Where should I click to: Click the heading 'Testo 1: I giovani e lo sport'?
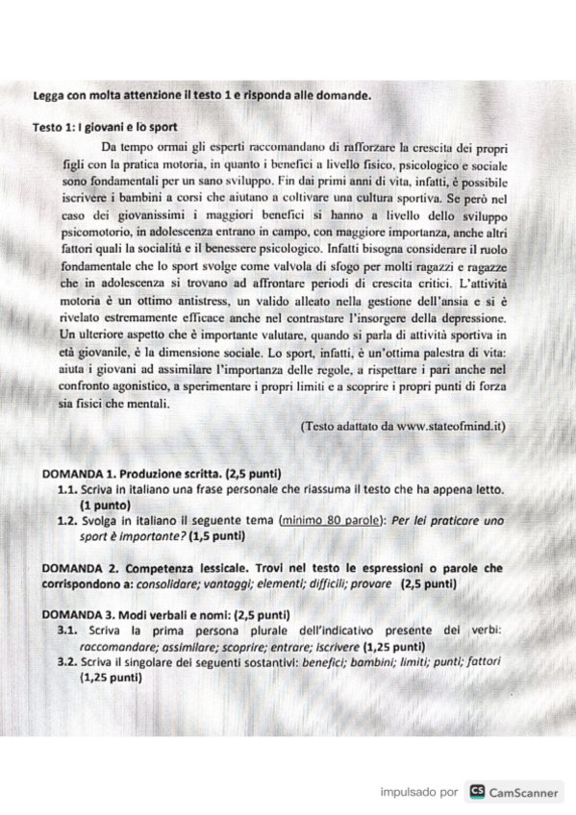click(105, 128)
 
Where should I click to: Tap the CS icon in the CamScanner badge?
click(476, 792)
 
